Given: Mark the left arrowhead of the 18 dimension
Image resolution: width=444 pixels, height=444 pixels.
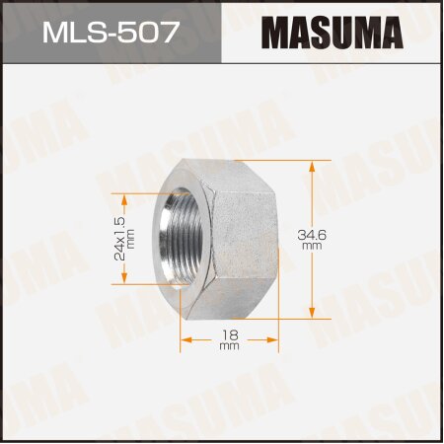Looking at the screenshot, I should pos(185,336).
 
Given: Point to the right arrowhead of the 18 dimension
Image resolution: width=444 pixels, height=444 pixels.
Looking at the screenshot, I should pos(274,336).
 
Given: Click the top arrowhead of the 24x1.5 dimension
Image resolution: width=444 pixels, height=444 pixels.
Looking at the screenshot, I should pos(133,196).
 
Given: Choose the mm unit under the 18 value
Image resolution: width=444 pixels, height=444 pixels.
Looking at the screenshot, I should pos(229,348).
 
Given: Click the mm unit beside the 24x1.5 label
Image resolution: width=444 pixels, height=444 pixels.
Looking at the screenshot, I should pos(131,238).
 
